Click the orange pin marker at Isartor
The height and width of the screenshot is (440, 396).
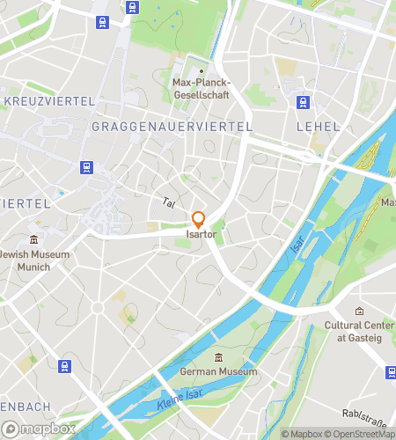point(199,220)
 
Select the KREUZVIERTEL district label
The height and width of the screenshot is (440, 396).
point(48,101)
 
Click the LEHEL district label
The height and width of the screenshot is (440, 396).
point(318,127)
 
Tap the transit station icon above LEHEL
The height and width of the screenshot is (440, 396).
point(304,102)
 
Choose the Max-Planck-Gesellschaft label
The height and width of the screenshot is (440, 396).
point(200,88)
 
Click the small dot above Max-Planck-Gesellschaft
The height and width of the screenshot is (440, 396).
point(201,71)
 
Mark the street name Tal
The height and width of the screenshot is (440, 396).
point(168,202)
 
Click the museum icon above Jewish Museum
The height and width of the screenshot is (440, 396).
point(33,239)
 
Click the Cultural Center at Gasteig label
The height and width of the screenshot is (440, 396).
point(359,332)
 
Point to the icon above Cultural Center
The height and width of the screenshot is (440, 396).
point(359,312)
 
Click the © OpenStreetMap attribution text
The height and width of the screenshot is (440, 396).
point(360,434)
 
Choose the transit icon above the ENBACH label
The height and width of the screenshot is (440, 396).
point(63,366)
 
